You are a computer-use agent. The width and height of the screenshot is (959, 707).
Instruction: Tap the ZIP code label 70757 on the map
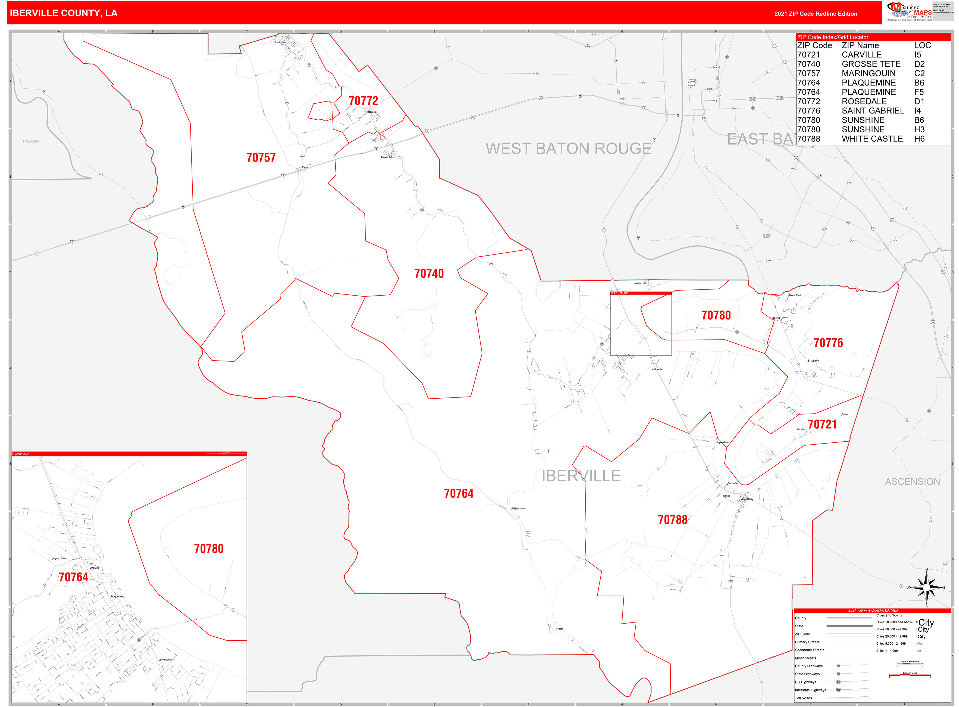261,157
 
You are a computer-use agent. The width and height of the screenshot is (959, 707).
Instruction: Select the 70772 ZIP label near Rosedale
363,101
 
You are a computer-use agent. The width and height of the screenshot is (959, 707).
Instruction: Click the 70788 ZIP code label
672,520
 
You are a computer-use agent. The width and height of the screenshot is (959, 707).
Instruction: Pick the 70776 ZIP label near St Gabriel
828,343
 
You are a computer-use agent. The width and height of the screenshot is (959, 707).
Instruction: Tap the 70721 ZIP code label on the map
822,424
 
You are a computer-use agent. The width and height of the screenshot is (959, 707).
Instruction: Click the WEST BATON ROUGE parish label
568,148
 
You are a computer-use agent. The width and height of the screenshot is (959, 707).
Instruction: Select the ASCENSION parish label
912,482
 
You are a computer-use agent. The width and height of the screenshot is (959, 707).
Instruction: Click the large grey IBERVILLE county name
581,476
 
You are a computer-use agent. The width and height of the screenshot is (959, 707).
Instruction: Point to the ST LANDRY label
31,141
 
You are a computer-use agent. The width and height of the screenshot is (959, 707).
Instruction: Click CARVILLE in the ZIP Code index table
861,55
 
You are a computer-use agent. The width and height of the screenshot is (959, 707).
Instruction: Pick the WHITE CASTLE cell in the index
872,139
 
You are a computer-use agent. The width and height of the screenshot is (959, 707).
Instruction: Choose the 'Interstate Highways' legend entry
810,690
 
